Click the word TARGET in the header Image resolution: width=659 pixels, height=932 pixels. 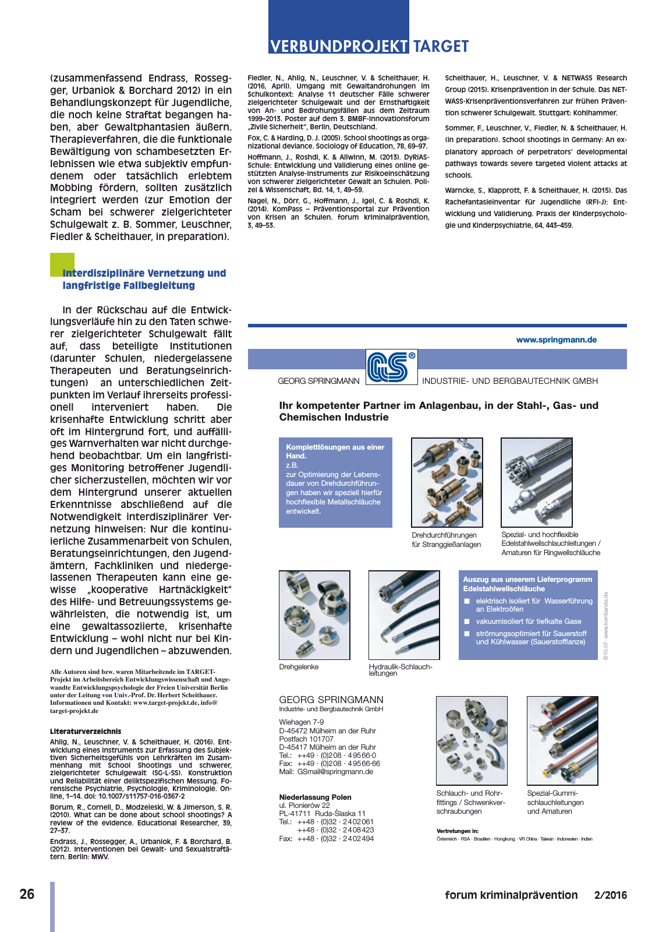coord(441,46)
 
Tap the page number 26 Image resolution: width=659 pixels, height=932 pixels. coord(27,894)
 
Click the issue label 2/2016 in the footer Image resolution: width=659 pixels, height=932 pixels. coord(611,895)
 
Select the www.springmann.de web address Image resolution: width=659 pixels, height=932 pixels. coord(556,340)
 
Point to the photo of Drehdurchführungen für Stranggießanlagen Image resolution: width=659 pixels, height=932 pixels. coord(447,482)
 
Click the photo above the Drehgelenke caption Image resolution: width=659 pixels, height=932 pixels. coord(314,615)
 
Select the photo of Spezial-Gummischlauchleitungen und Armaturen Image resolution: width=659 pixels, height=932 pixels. coord(562,740)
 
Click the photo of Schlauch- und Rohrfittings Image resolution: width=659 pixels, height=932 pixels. coord(472,740)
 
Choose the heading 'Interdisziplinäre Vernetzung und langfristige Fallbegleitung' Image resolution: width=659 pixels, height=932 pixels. coord(144,279)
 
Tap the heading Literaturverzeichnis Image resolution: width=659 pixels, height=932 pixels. coord(86,731)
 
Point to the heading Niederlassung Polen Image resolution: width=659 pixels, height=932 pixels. coord(315,797)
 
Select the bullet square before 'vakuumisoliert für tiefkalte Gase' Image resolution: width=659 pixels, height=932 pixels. coord(466,622)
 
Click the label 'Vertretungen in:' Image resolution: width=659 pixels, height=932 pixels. coord(458,831)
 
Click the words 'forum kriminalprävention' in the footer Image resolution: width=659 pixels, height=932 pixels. coord(511,895)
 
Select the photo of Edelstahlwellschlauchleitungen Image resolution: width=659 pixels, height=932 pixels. coord(537,482)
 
